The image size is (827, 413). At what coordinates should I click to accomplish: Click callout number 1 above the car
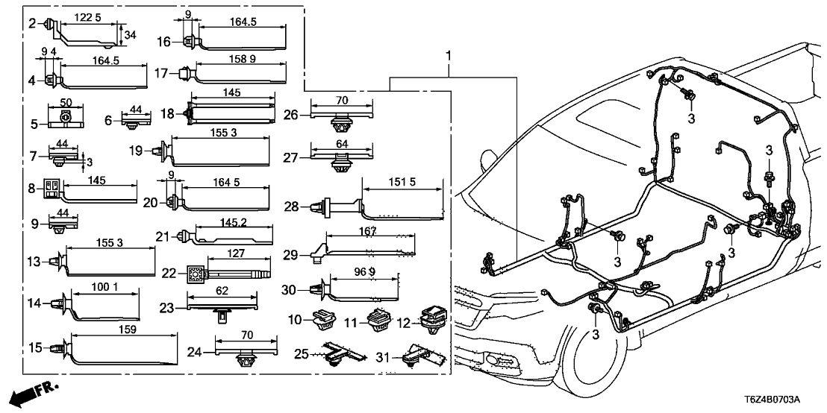tap(449, 57)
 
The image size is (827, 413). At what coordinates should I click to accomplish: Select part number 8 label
tap(32, 188)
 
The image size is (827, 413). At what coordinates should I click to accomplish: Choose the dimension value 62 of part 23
tap(222, 292)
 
